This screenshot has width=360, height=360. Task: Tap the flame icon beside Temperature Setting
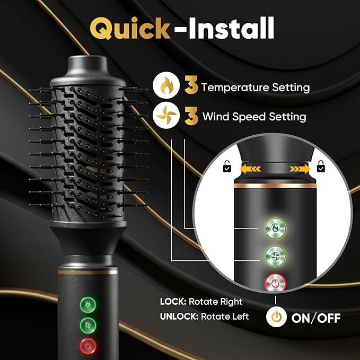pos(163,86)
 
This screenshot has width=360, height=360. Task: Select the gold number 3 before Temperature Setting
pos(190,86)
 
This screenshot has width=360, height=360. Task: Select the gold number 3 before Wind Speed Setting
pos(190,115)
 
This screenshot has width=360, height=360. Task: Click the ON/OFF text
pos(315,318)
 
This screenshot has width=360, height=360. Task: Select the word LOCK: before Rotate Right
pos(173,302)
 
